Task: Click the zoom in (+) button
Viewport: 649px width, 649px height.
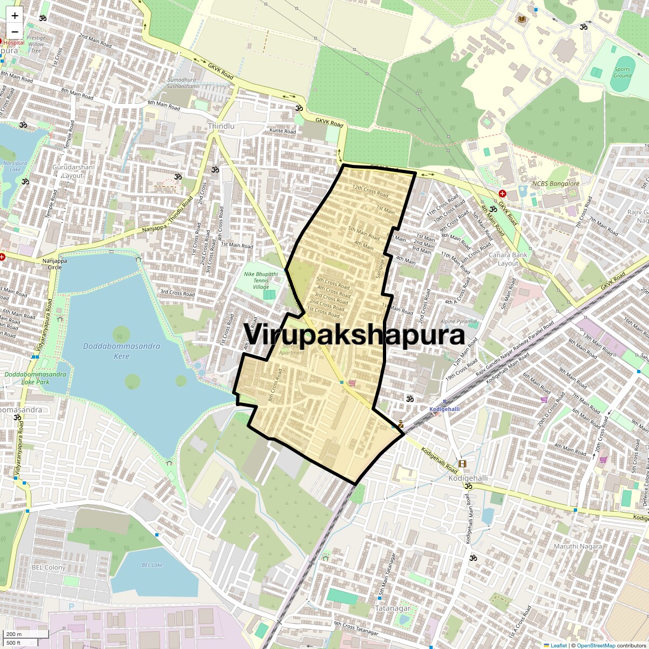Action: (x=15, y=16)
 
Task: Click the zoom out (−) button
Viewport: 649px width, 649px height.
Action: (x=15, y=31)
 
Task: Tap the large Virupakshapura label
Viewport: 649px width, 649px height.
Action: (x=354, y=334)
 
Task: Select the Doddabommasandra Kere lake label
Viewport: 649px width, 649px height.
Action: (x=122, y=351)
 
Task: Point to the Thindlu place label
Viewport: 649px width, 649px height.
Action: (x=221, y=126)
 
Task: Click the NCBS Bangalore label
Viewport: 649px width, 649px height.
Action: (x=555, y=183)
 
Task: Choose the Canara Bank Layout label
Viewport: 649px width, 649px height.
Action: (x=507, y=259)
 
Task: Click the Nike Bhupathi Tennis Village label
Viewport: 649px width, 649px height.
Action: (x=261, y=280)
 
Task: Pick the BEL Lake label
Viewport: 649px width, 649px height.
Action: (x=152, y=565)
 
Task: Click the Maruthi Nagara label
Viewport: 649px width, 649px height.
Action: (x=578, y=546)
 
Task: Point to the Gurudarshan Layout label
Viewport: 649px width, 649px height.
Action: (x=72, y=171)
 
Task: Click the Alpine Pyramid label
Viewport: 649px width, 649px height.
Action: (x=459, y=321)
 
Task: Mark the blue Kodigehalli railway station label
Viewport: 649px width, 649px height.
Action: (x=444, y=409)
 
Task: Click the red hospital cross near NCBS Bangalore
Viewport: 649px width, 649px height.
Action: (x=502, y=193)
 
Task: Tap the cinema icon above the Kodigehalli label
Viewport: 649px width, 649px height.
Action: (x=462, y=463)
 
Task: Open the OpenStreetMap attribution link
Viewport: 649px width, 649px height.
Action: (x=595, y=645)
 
